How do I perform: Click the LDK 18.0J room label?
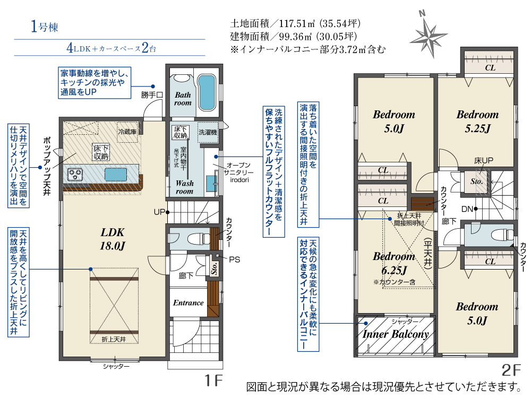(113, 239)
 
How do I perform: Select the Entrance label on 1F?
(189, 303)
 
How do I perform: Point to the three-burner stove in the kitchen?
(75, 175)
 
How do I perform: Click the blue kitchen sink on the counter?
(115, 174)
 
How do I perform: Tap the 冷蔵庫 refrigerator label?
(127, 132)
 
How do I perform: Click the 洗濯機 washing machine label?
(208, 132)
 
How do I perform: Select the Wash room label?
(185, 187)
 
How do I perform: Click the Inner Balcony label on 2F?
(396, 334)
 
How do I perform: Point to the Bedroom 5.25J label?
(477, 121)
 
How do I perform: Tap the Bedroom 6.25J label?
(394, 263)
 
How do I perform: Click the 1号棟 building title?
(44, 27)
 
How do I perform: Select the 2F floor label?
(511, 370)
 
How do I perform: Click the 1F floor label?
(214, 380)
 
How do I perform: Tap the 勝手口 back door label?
(152, 95)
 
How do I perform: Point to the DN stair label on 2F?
(467, 209)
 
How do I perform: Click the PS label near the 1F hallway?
(234, 259)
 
